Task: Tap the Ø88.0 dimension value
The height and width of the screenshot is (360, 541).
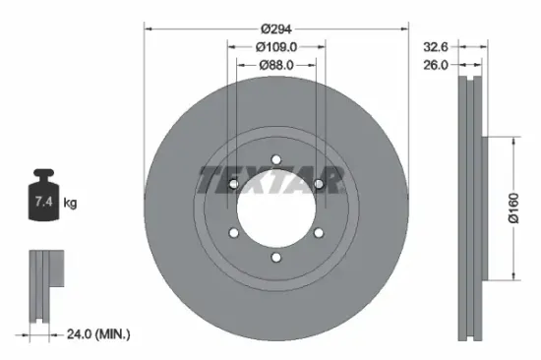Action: (x=276, y=66)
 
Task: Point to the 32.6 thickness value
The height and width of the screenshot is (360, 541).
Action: (x=436, y=45)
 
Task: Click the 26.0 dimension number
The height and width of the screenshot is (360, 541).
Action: (x=436, y=65)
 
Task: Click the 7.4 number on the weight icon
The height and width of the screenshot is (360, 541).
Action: (x=45, y=204)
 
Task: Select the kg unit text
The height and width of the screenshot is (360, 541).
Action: (x=71, y=204)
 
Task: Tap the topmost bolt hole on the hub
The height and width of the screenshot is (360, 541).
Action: (x=276, y=158)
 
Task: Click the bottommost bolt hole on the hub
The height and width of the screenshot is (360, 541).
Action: (x=276, y=259)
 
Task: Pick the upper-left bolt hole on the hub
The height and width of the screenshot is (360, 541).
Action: (x=233, y=184)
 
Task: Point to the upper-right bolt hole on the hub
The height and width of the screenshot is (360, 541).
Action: (x=320, y=184)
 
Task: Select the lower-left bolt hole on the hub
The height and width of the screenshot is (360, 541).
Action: (x=233, y=234)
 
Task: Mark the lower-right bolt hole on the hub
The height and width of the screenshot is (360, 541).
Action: (x=320, y=234)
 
